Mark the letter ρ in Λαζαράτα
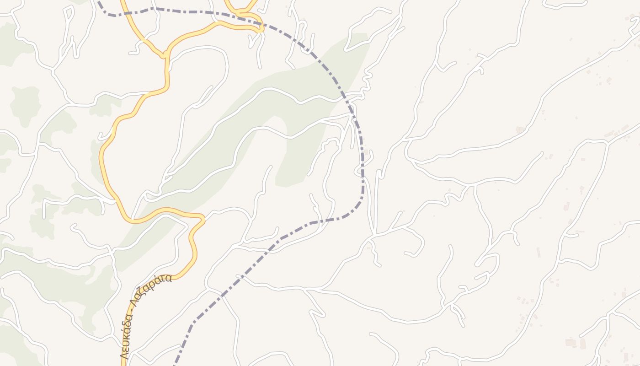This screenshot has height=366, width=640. coord(155,285)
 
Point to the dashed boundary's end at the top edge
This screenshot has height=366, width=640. coord(98,1)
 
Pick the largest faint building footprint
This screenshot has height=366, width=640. coord(570,342)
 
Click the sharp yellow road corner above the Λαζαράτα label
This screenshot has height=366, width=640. coord(203,220)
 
